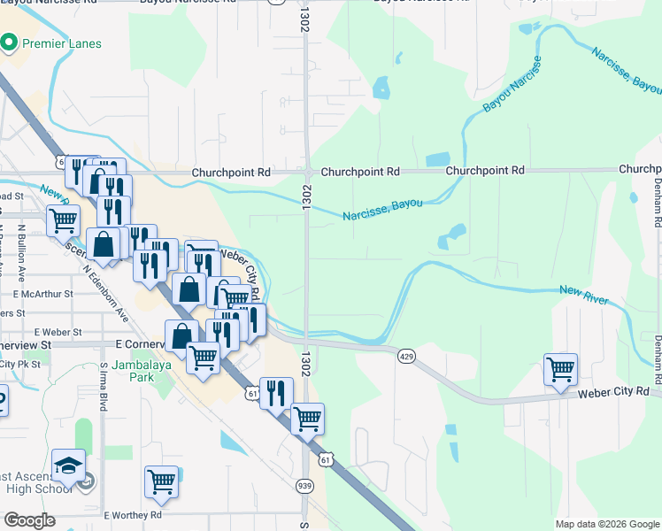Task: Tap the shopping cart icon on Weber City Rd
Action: (560, 370)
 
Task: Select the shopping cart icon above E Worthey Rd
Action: (161, 482)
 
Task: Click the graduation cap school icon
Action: (69, 465)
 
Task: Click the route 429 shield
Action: (406, 356)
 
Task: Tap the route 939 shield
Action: (304, 486)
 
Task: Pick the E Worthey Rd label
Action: (133, 514)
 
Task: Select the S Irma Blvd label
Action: (104, 386)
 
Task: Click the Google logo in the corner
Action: (29, 519)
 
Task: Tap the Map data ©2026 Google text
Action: (607, 524)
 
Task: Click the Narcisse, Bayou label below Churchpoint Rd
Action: (382, 210)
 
